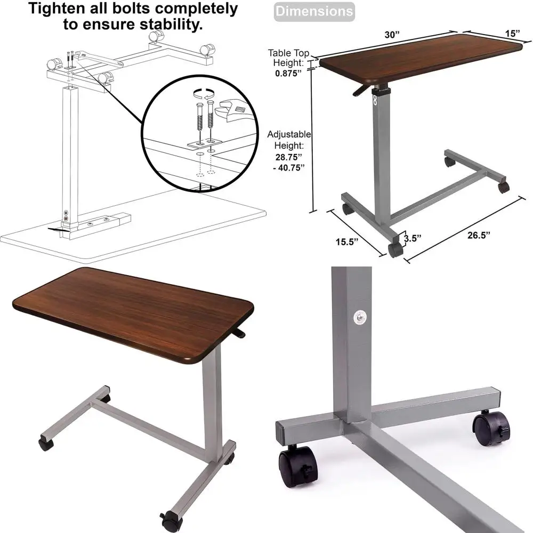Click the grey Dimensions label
(x=314, y=11)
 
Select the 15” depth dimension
(x=512, y=33)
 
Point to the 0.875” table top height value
(x=288, y=73)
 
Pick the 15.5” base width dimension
(x=347, y=241)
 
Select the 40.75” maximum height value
(x=290, y=167)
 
